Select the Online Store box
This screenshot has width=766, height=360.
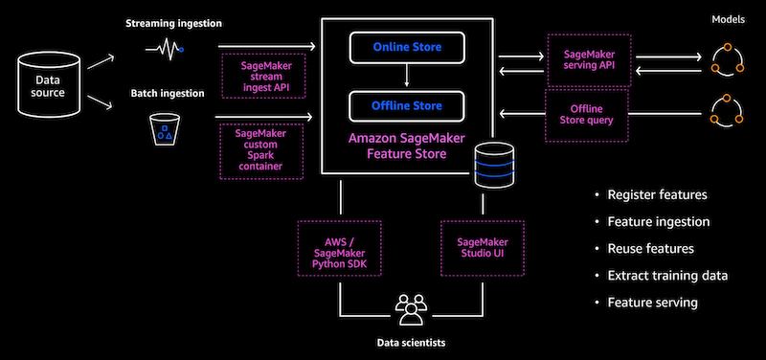click(407, 45)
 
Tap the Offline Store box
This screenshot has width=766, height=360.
click(407, 104)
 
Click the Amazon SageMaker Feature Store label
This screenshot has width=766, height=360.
click(408, 146)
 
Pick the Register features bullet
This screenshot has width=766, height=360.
click(657, 194)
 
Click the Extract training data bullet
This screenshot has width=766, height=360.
click(667, 275)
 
